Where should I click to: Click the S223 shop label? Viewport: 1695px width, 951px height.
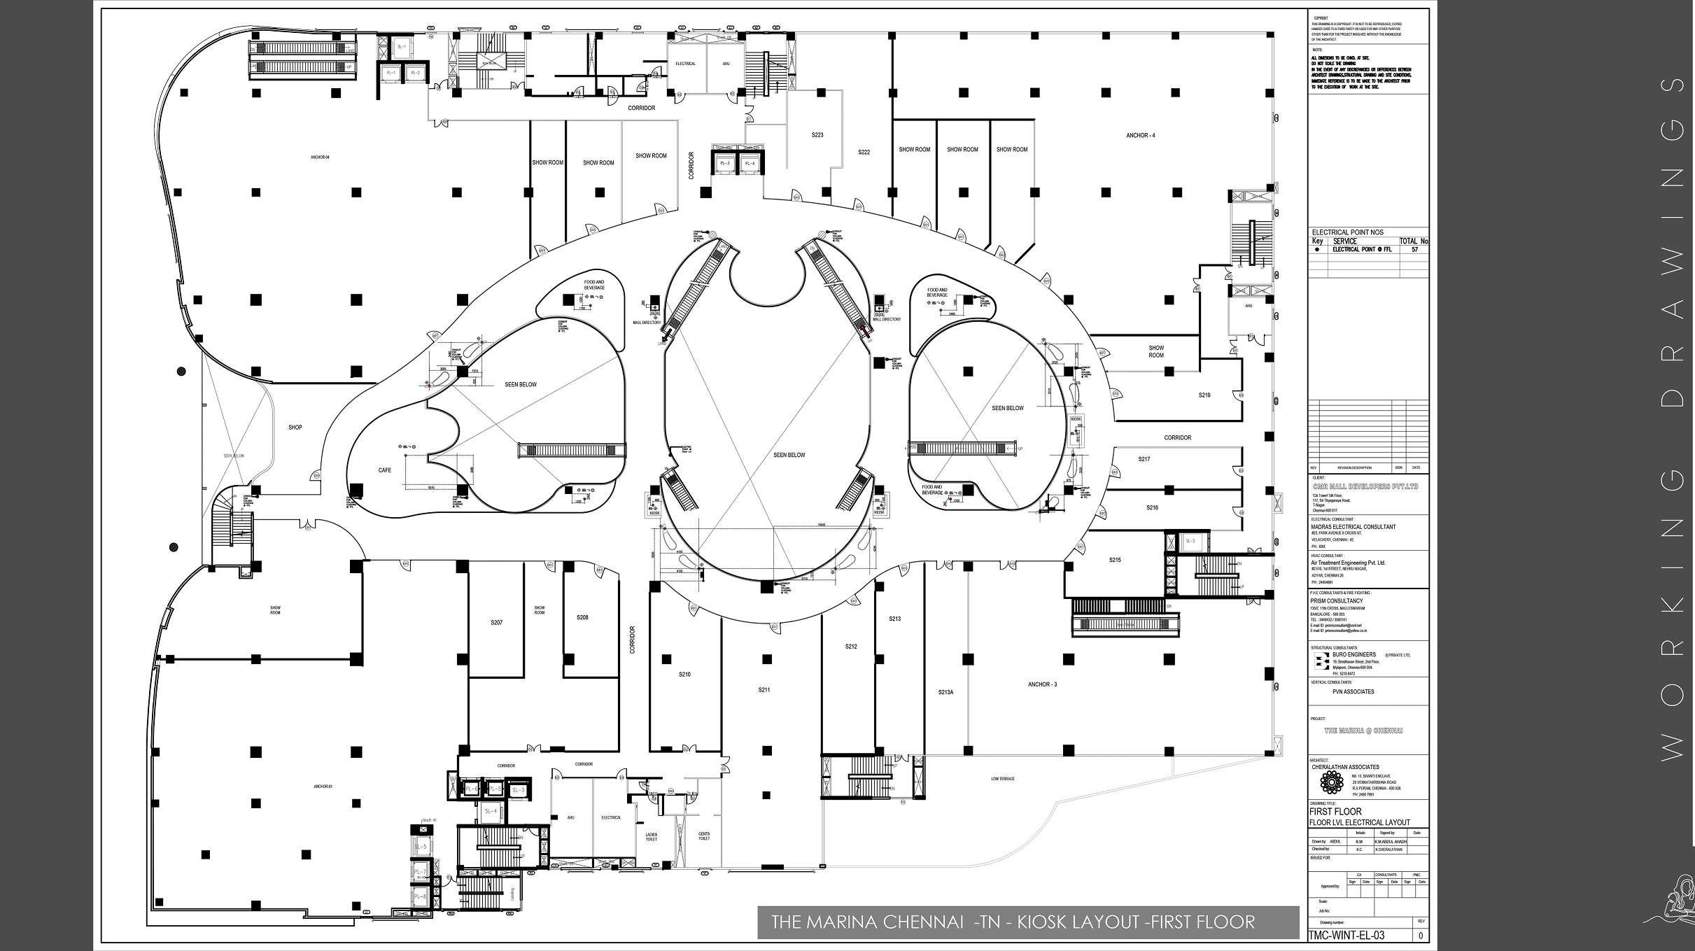tap(817, 135)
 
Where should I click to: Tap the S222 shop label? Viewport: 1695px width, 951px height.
tap(864, 152)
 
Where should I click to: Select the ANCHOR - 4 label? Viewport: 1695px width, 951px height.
tap(1140, 135)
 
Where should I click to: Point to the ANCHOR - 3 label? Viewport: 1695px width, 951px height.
tap(1042, 684)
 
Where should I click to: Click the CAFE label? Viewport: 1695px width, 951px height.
tap(384, 470)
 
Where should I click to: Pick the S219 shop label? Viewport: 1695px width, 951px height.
tap(1204, 395)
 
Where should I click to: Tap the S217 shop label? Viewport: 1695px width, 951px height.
tap(1144, 459)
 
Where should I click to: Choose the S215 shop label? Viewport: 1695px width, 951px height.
tap(1115, 560)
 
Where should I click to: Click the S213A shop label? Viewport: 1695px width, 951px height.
tap(945, 692)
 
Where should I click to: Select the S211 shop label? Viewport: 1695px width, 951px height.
tap(764, 690)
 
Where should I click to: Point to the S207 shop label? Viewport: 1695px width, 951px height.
tap(496, 622)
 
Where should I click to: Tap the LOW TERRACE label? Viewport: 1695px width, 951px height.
tap(1002, 779)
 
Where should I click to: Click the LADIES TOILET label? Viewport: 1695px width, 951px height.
tap(651, 836)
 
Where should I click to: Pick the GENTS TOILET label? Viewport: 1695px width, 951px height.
tap(703, 836)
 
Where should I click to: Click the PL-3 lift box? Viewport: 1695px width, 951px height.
tap(724, 164)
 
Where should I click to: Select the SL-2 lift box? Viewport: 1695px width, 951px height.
tap(1189, 541)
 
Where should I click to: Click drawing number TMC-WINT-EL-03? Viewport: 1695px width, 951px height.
tap(1346, 936)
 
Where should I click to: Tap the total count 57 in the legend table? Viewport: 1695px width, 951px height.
tap(1414, 249)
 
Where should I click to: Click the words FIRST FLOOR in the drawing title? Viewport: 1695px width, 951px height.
tap(1335, 812)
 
